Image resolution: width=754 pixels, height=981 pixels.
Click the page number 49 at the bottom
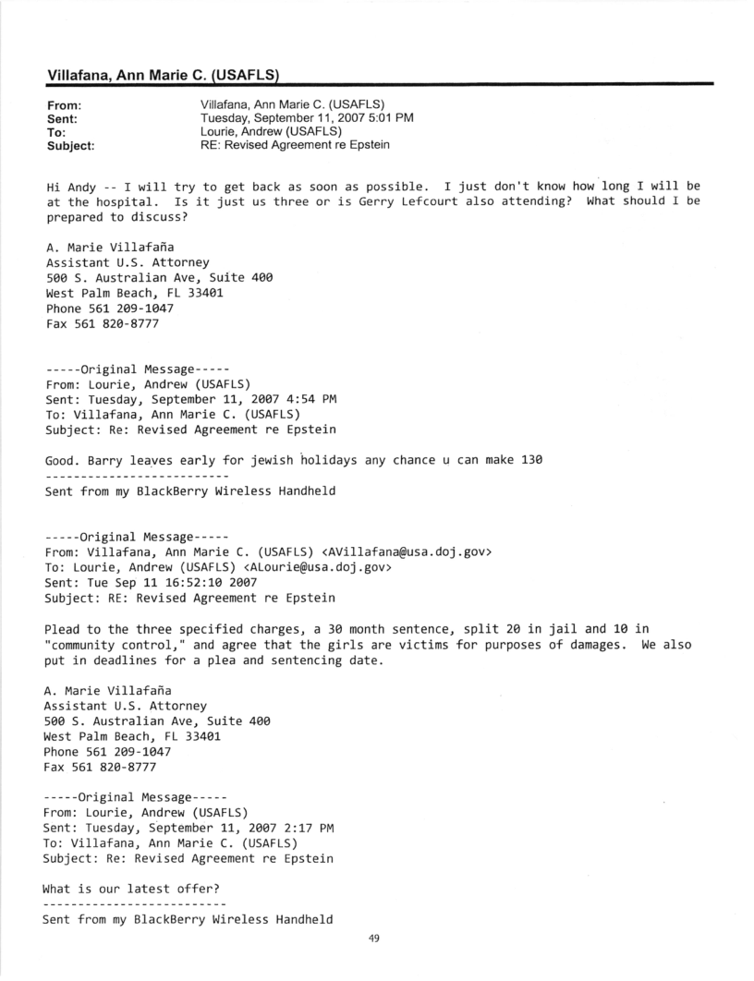(374, 939)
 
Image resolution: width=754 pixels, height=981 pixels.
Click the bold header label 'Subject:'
(69, 145)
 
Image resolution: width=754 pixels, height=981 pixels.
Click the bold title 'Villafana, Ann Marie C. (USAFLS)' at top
(163, 74)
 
